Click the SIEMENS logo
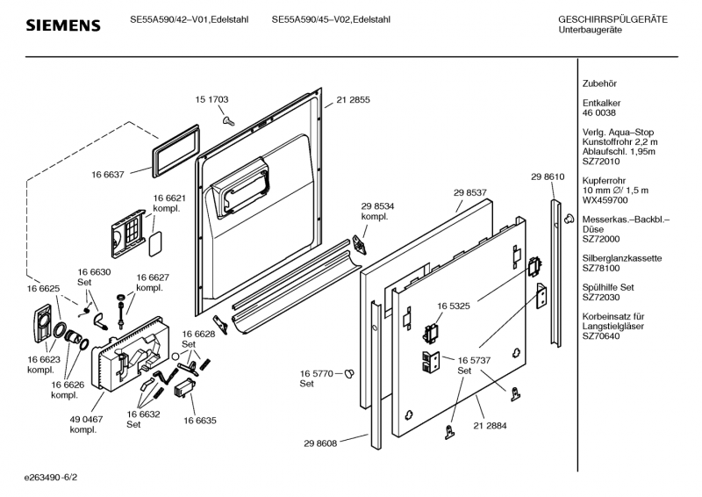(62, 25)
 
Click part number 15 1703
(211, 100)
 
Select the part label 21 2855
(353, 100)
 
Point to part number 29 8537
(470, 192)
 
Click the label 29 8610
(547, 177)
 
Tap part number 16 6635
(200, 421)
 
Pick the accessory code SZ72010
(601, 162)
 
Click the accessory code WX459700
(605, 200)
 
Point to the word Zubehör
(599, 83)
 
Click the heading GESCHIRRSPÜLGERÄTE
(612, 19)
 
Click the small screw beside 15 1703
(226, 119)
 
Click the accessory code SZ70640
(601, 335)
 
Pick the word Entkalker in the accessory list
(602, 103)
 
